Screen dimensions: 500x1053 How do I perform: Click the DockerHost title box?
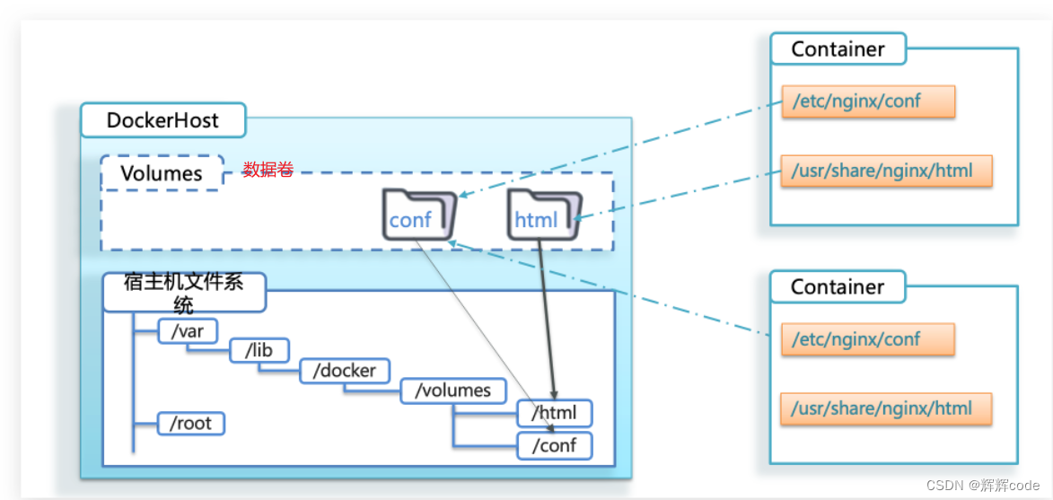(162, 120)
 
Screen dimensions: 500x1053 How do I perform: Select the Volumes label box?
(162, 172)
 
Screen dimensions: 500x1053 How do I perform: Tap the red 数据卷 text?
(268, 170)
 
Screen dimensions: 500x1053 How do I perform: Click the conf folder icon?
(417, 215)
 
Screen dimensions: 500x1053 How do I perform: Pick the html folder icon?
(541, 215)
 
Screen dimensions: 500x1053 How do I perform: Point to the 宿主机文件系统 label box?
(184, 293)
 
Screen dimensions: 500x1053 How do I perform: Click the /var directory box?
(188, 331)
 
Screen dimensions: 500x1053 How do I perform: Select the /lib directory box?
(259, 350)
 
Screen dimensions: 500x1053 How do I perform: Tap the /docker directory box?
(345, 370)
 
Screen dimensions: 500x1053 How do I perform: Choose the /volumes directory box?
(453, 390)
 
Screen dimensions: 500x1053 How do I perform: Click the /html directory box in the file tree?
(554, 414)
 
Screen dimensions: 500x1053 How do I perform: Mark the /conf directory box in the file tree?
(554, 445)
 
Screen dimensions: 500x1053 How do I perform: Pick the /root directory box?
(190, 423)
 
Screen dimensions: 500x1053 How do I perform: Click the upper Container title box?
(838, 49)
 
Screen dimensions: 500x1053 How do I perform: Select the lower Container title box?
(838, 287)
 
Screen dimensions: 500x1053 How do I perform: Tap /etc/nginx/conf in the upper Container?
(868, 101)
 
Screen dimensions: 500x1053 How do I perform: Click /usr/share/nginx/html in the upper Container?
(886, 170)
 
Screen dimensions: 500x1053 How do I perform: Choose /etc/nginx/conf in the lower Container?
(868, 339)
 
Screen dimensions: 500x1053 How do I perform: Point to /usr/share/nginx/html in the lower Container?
(886, 408)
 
